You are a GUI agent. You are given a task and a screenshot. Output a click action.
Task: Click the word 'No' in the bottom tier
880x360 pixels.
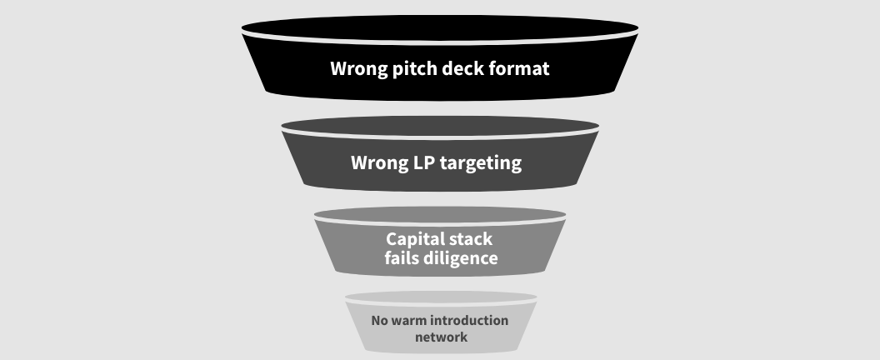380,320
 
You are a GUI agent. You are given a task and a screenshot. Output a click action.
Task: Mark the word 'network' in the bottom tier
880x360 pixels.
440,337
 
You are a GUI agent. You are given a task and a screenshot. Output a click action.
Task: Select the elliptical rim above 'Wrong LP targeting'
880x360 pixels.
440,124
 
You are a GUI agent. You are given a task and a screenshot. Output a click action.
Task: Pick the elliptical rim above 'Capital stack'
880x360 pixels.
440,213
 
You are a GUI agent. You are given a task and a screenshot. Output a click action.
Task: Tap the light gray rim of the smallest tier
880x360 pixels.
440,297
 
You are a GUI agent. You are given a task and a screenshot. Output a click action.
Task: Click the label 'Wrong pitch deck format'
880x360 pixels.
440,68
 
